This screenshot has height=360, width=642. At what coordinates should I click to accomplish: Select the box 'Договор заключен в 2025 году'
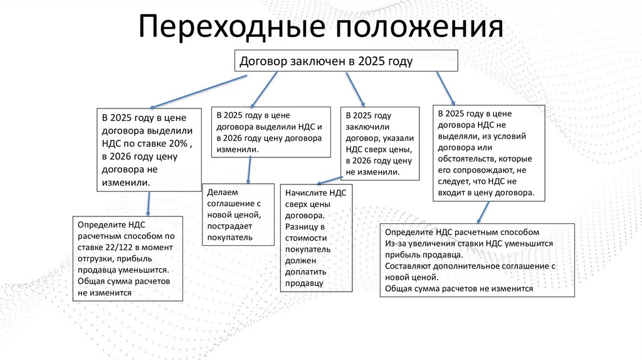point(346,60)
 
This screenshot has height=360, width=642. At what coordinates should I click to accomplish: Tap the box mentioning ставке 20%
point(149,149)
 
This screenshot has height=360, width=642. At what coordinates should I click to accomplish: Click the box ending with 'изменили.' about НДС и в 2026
point(271,132)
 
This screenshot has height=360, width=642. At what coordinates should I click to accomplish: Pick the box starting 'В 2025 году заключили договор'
point(380,144)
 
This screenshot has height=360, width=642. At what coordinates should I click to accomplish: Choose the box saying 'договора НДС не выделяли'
point(489,153)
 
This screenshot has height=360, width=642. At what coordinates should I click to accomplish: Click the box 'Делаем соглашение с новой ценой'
point(238,214)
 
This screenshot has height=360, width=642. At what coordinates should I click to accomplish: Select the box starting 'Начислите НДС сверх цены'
point(317,238)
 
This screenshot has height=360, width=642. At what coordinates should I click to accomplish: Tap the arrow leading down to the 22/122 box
point(149,203)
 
